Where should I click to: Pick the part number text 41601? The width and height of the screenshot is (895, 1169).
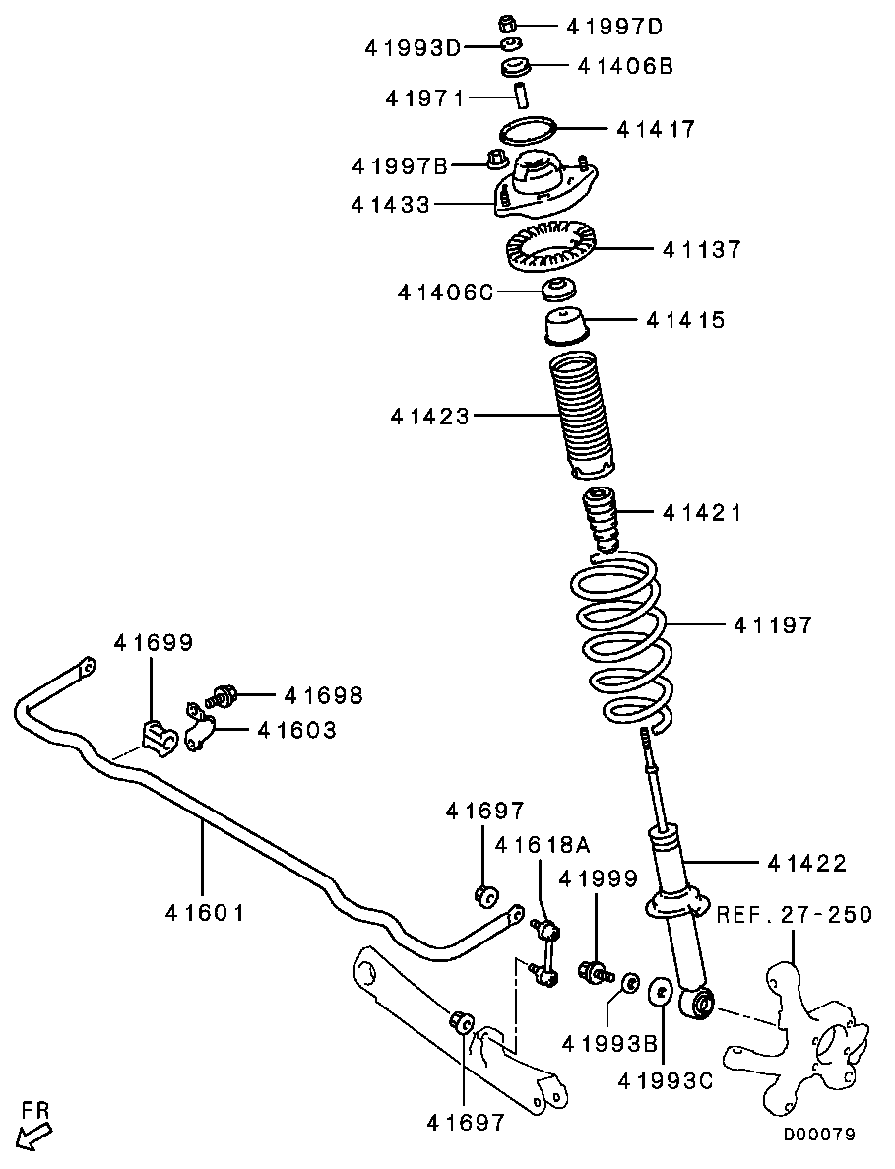[205, 913]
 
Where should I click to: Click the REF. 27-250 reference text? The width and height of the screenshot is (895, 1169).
[794, 914]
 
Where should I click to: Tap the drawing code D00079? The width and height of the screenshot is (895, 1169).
[819, 1135]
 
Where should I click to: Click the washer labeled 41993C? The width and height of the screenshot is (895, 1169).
[662, 991]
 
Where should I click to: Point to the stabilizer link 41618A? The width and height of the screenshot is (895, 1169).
[544, 950]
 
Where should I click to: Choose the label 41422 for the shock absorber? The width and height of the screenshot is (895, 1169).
[805, 863]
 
